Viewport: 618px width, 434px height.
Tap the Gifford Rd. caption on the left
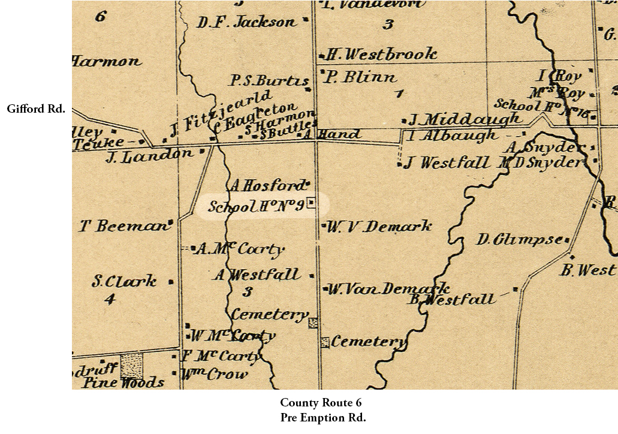pos(36,109)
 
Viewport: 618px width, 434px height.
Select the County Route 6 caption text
pos(321,403)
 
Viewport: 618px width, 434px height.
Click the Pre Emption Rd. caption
pos(322,418)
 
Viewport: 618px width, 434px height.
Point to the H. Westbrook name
pos(381,55)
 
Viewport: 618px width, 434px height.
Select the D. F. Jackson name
pos(246,23)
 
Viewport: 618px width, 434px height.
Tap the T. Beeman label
pos(125,227)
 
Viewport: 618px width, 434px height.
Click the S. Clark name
pos(124,281)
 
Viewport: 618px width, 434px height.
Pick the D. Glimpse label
pos(520,240)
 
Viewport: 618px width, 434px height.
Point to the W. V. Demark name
pos(379,226)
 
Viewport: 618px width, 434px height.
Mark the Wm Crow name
pos(213,375)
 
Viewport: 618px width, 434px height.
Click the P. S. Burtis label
pos(269,81)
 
